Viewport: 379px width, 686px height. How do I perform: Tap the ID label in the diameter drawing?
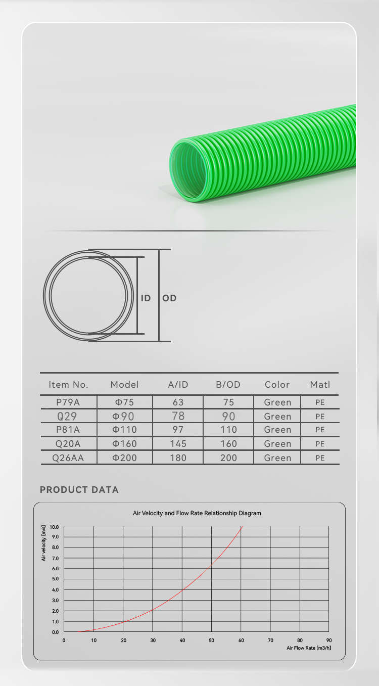click(x=146, y=298)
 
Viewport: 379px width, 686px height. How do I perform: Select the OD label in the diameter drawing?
click(x=169, y=298)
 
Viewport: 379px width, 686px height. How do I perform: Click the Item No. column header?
click(x=68, y=385)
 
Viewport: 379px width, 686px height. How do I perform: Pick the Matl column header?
click(x=320, y=385)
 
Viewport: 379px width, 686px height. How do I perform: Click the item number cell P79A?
click(x=68, y=402)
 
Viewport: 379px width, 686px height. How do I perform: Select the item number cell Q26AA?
click(x=68, y=458)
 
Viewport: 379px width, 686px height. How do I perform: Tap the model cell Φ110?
click(x=124, y=430)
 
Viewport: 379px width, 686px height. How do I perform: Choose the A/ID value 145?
click(x=178, y=444)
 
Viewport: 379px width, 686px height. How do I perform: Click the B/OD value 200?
click(x=229, y=458)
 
